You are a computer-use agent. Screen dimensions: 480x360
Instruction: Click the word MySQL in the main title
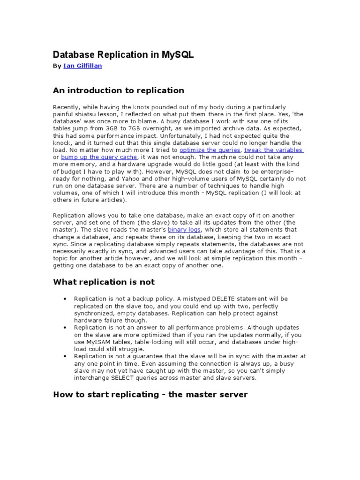tap(175, 55)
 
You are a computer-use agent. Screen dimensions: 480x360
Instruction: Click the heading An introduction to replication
tap(119, 90)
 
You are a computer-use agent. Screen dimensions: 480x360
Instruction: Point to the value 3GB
tap(105, 128)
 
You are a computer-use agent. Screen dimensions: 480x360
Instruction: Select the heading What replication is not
tap(104, 282)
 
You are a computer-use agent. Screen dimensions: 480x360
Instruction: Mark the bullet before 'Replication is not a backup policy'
tap(64, 299)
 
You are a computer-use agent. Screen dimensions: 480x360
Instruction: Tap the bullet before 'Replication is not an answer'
tap(64, 327)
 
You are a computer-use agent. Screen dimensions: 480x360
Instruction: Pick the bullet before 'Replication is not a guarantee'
tap(64, 356)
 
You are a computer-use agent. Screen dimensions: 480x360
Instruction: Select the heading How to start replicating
tap(150, 395)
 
